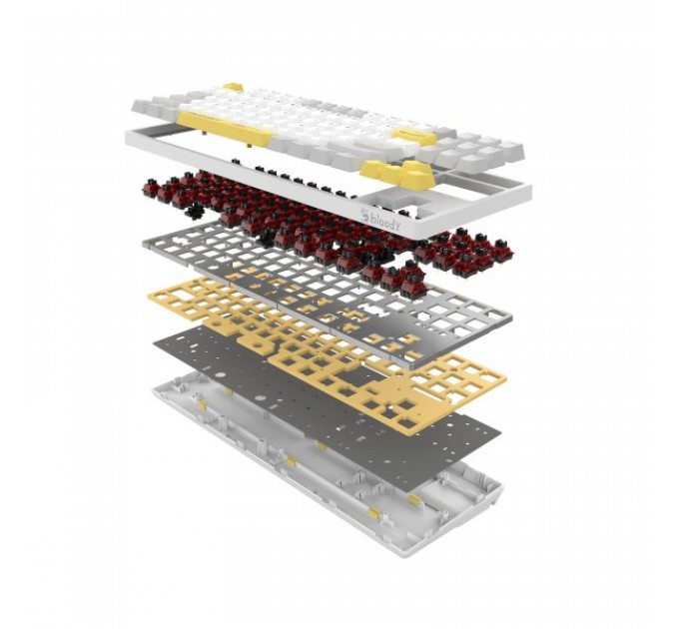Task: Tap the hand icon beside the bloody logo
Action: click(363, 213)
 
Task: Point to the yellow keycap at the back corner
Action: click(234, 87)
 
